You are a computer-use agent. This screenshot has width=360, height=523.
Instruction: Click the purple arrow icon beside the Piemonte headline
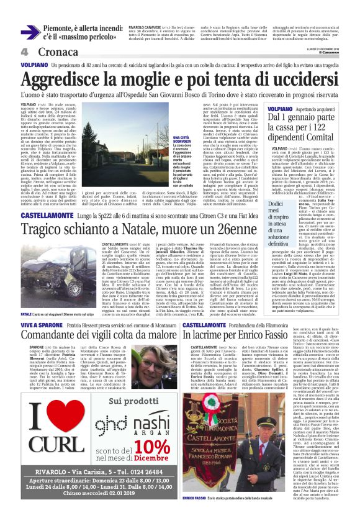click(x=30, y=32)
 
